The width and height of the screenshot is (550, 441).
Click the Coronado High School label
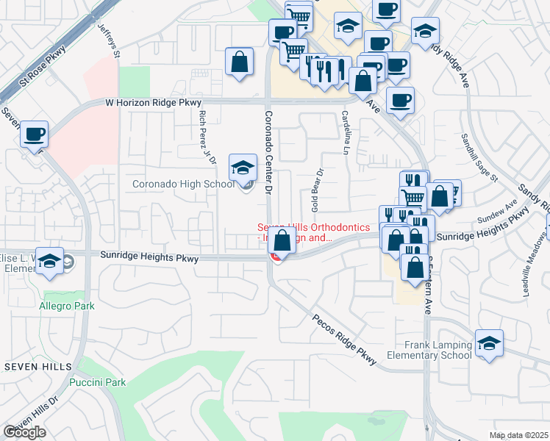click(x=184, y=184)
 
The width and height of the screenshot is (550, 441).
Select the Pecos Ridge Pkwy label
click(x=344, y=340)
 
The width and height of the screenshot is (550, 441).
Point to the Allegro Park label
click(x=62, y=304)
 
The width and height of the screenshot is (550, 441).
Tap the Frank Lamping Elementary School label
click(x=438, y=350)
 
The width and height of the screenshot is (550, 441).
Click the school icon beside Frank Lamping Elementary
click(x=489, y=343)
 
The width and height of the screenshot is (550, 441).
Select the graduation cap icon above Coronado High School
click(x=243, y=168)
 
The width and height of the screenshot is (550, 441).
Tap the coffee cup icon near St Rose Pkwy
click(x=35, y=135)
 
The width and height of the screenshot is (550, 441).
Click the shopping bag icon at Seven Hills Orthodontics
click(x=282, y=240)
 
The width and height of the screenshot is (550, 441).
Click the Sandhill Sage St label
click(x=480, y=157)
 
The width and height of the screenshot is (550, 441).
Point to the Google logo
click(x=25, y=432)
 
